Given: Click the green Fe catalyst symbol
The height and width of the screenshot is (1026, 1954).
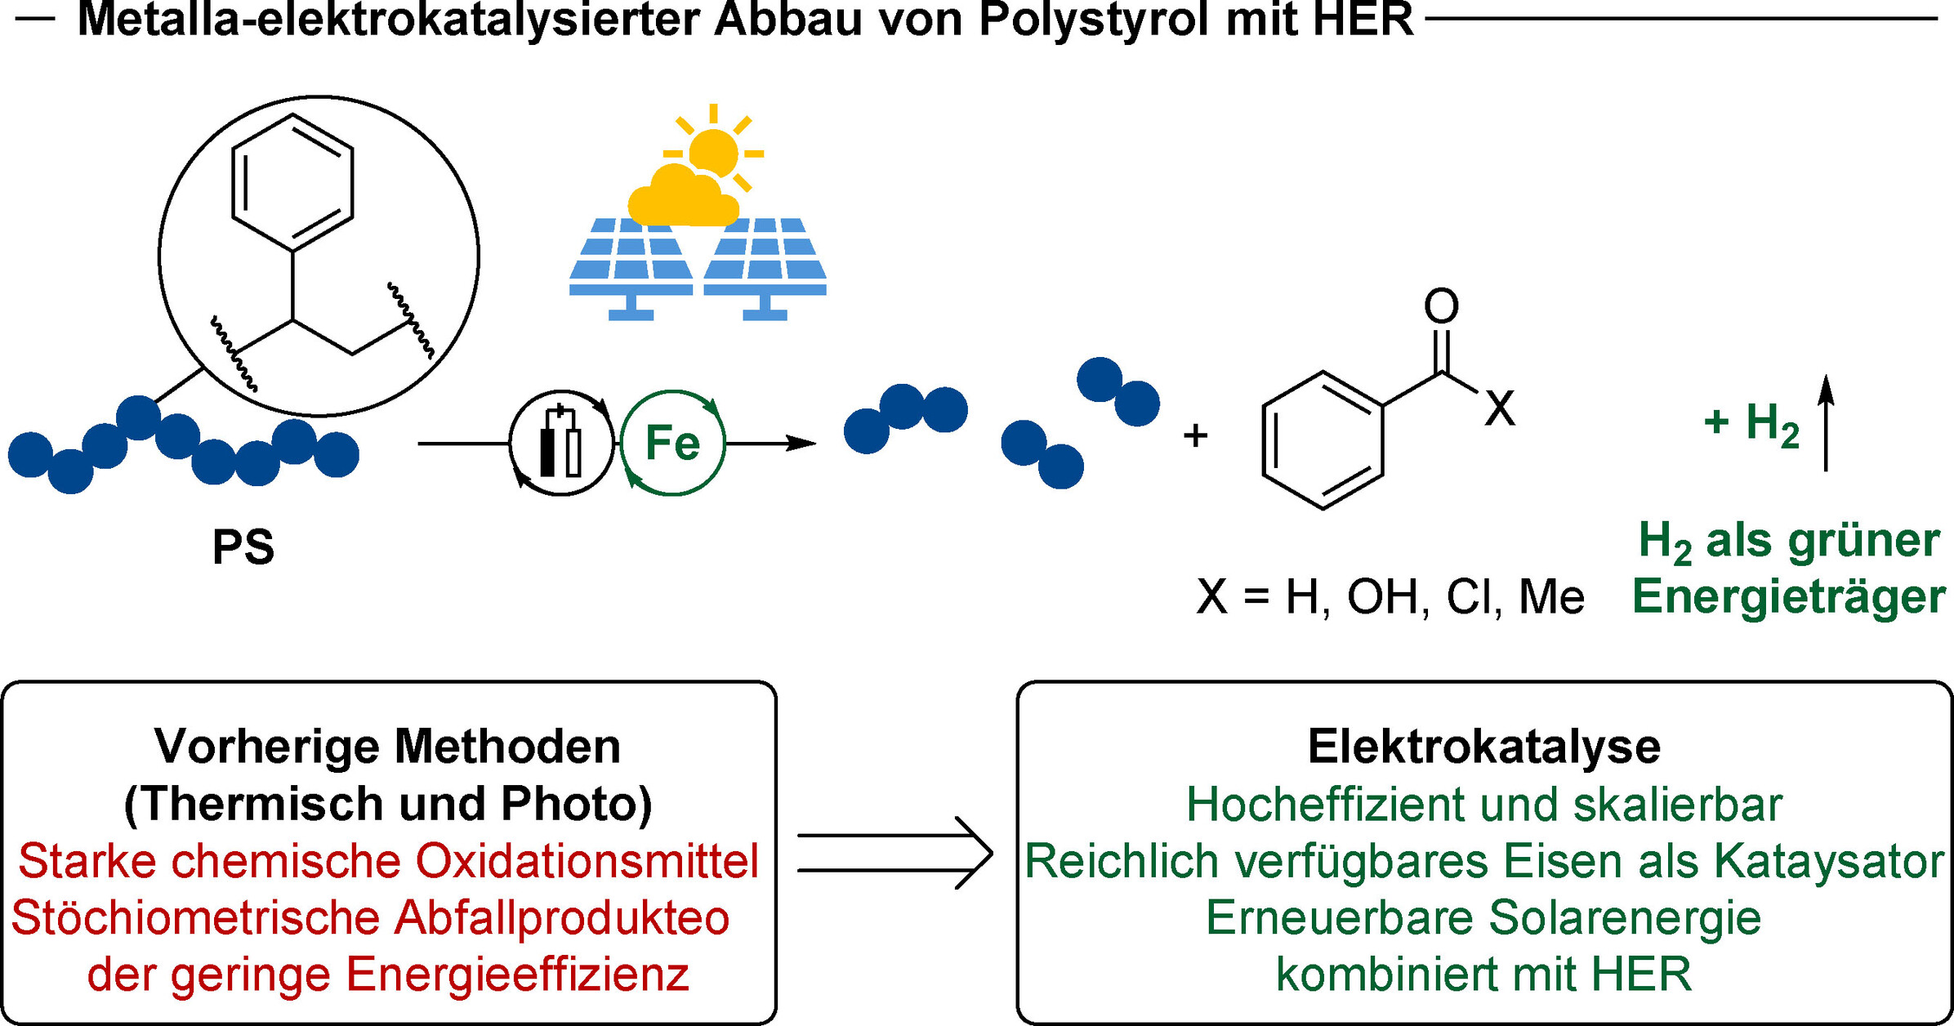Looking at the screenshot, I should (x=672, y=443).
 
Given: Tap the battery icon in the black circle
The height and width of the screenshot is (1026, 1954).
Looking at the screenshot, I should (x=560, y=443).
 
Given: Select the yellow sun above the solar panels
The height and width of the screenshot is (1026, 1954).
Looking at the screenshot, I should (x=713, y=153).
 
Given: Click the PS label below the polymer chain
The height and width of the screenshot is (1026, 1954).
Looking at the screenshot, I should (x=243, y=546).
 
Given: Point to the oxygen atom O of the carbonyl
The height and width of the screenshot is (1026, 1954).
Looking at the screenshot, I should (x=1441, y=306).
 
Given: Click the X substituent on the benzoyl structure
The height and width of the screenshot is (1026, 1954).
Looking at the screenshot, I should (x=1500, y=408).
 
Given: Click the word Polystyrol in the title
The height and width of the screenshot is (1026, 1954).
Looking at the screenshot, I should (x=1092, y=20).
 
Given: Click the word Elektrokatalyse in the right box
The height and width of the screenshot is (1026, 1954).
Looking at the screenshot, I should (x=1483, y=746).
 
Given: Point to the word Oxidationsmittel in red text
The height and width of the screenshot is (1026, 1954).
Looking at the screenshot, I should (x=587, y=861).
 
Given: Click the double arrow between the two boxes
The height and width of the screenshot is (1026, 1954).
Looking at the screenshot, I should (x=895, y=853).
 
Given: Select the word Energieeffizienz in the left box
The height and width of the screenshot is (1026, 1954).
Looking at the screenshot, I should (x=517, y=974).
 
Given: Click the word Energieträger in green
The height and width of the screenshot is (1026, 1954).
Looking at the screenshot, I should (x=1788, y=596).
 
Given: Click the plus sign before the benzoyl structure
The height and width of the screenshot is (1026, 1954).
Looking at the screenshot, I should (x=1195, y=436).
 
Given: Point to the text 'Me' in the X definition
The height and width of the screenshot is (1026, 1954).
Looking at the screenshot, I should (x=1551, y=597).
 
